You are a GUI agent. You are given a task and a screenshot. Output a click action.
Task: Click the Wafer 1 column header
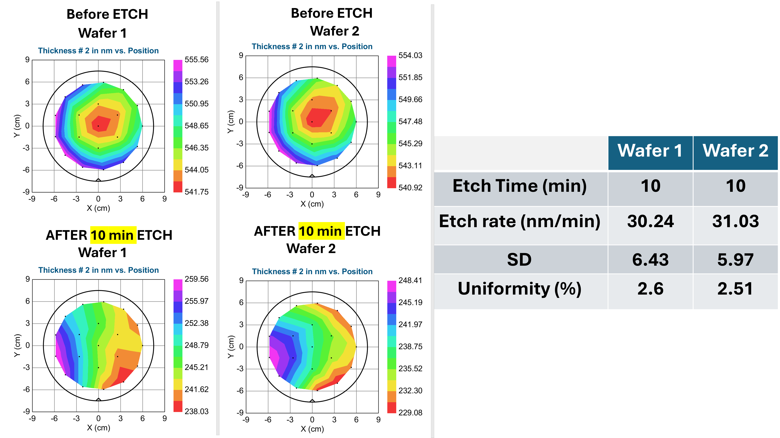pos(650,151)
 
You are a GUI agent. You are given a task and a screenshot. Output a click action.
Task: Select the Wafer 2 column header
pos(735,151)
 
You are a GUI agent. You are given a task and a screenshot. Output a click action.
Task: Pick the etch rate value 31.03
pos(735,221)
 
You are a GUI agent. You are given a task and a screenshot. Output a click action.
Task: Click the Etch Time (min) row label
pos(520,186)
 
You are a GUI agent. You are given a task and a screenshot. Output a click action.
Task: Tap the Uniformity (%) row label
pos(520,289)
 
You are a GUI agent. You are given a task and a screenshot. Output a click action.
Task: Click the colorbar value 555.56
pos(196,60)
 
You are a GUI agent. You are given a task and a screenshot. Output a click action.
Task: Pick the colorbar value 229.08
pos(410,413)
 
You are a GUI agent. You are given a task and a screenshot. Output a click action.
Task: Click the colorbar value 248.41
pos(410,280)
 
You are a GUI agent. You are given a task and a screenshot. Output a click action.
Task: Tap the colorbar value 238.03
pos(196,411)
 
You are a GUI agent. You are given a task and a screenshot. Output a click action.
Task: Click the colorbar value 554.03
pos(410,55)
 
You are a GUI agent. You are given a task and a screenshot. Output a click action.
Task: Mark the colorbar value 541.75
pos(196,192)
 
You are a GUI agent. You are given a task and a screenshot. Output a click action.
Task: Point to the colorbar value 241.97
pos(410,325)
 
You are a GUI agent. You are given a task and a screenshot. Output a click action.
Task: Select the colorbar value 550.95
pos(196,104)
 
